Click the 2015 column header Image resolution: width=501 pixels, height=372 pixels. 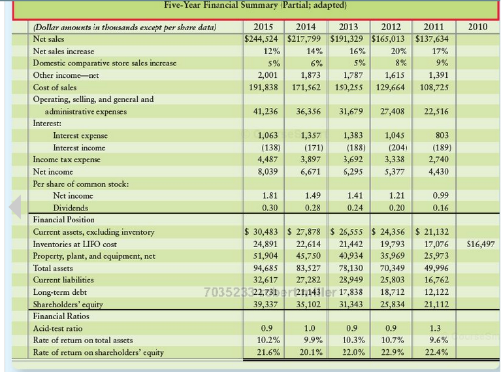pyautogui.click(x=263, y=27)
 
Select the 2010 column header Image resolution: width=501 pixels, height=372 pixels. pyautogui.click(x=478, y=27)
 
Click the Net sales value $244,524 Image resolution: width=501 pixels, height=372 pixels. pyautogui.click(x=261, y=39)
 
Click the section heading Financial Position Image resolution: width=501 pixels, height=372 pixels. pyautogui.click(x=64, y=220)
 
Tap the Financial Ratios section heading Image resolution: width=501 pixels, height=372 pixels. pyautogui.click(x=61, y=316)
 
